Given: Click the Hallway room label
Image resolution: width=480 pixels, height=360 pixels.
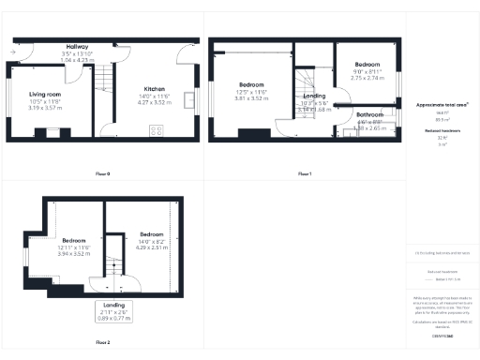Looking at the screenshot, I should (x=77, y=46).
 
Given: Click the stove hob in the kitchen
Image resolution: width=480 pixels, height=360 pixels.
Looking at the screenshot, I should (x=155, y=132).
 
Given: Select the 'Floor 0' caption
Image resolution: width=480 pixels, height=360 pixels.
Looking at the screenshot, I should (x=103, y=173).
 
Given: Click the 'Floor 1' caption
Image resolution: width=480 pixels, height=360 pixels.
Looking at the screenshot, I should (x=305, y=173).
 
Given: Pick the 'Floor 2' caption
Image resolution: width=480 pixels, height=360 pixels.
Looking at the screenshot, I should (x=103, y=343).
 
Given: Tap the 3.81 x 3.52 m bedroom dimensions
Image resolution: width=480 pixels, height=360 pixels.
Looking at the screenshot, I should (x=251, y=97).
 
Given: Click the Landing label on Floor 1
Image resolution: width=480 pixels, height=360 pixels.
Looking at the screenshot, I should (x=315, y=95).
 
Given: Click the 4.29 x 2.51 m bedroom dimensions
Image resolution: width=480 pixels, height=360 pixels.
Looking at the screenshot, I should (x=153, y=247).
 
